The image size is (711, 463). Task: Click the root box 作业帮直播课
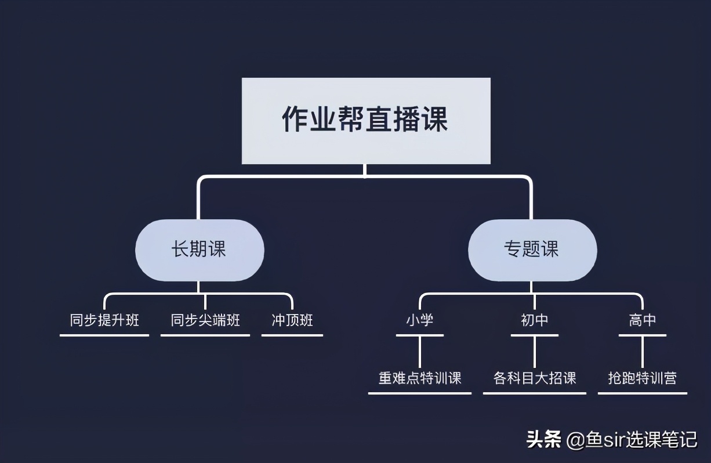[x=365, y=121]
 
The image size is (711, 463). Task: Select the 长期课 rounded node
[x=199, y=250]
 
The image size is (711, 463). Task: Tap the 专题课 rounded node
[x=532, y=250]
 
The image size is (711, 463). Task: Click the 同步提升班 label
[x=104, y=320]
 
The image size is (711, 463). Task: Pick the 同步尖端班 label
[x=205, y=320]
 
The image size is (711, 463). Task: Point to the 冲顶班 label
[x=292, y=320]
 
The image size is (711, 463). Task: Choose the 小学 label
[x=420, y=320]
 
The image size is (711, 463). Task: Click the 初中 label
[x=535, y=320]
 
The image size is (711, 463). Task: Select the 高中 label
[x=643, y=320]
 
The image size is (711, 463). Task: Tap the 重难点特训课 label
[x=420, y=378]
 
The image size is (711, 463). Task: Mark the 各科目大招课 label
[x=535, y=378]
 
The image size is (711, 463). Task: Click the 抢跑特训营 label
[x=643, y=378]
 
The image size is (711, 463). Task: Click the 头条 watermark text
[x=544, y=440]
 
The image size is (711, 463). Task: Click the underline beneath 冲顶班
[x=292, y=335]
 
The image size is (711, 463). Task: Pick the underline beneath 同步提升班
[x=104, y=335]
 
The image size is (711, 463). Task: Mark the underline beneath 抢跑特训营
[x=643, y=393]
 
